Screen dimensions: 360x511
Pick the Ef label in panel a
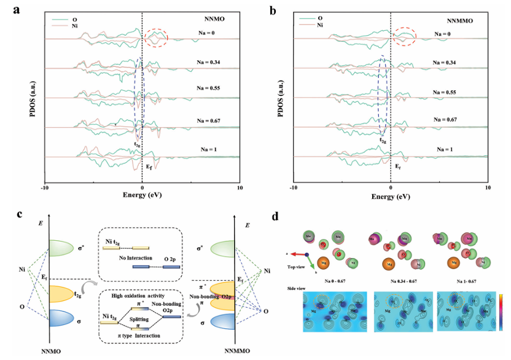pyautogui.click(x=149, y=167)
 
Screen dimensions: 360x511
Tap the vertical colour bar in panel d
pyautogui.click(x=502, y=312)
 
